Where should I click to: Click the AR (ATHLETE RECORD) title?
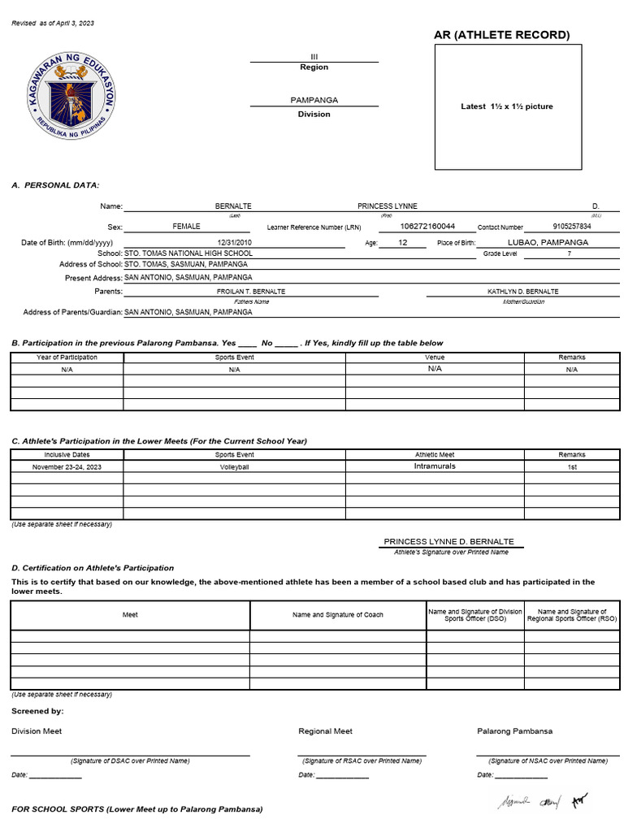(501, 35)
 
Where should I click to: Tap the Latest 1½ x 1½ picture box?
(507, 106)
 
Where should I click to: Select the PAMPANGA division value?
(314, 100)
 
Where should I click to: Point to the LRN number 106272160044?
(427, 226)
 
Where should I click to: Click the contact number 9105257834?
(571, 227)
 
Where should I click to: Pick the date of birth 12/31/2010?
(234, 243)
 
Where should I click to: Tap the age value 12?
(403, 242)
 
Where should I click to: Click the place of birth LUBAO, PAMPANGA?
(548, 242)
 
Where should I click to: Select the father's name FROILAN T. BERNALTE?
(250, 291)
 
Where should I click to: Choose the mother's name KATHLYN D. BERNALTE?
(522, 291)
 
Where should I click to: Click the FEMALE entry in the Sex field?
(186, 227)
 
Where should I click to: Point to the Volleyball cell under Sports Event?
(234, 468)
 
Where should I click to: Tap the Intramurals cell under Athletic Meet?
(435, 466)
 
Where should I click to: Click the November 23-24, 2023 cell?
(67, 468)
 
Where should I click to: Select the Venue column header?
(435, 357)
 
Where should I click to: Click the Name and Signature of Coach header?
(338, 615)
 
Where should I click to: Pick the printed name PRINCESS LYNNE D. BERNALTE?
(448, 542)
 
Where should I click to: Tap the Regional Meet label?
(325, 731)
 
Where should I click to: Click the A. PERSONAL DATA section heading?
(55, 185)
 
